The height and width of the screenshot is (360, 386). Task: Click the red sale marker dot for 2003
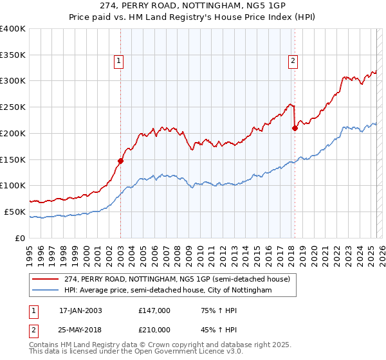(120, 161)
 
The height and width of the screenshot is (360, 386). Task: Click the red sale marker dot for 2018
(295, 128)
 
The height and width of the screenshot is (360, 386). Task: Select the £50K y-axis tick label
(15, 212)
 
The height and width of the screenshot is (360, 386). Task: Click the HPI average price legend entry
(168, 290)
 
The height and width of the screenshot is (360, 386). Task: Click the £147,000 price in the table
(154, 310)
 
